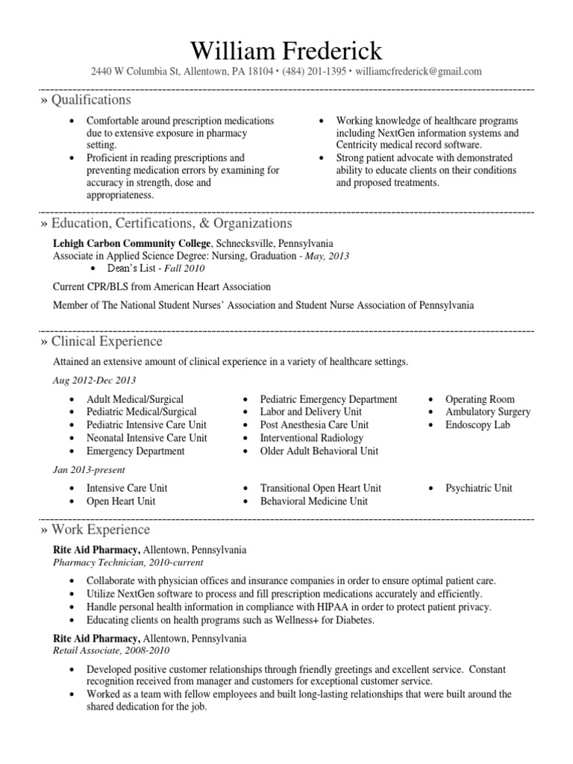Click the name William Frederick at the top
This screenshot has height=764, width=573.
[x=286, y=50]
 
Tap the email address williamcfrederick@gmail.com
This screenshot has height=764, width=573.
[x=419, y=72]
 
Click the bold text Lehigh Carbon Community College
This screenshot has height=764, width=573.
[x=132, y=244]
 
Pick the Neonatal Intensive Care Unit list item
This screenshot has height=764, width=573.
[x=146, y=438]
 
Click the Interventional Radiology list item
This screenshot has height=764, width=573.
[x=311, y=438]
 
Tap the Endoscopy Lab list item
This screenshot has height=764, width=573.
[x=477, y=425]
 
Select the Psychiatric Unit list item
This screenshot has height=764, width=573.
[x=478, y=488]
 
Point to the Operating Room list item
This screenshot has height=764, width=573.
[x=480, y=399]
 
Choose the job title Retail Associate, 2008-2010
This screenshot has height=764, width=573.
[x=111, y=651]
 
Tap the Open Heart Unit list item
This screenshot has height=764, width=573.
[x=121, y=501]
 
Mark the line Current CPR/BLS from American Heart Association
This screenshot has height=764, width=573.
[x=161, y=286]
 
